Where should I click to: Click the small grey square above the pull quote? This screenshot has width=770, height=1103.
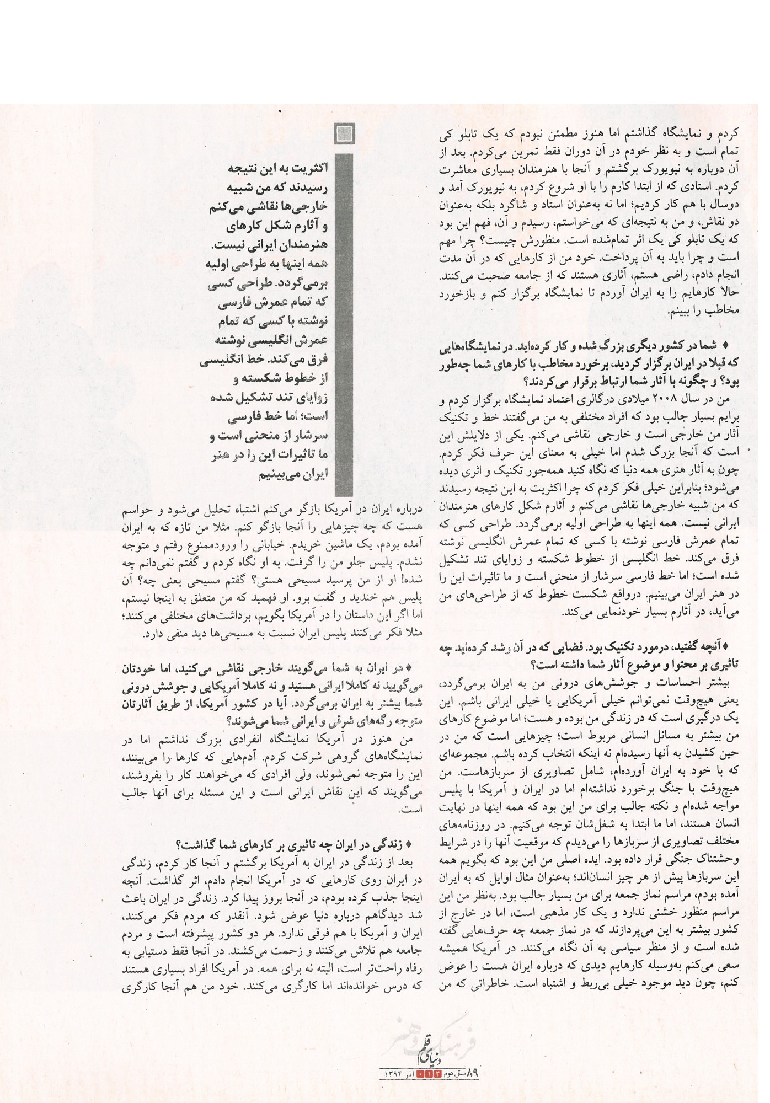point(345,134)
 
